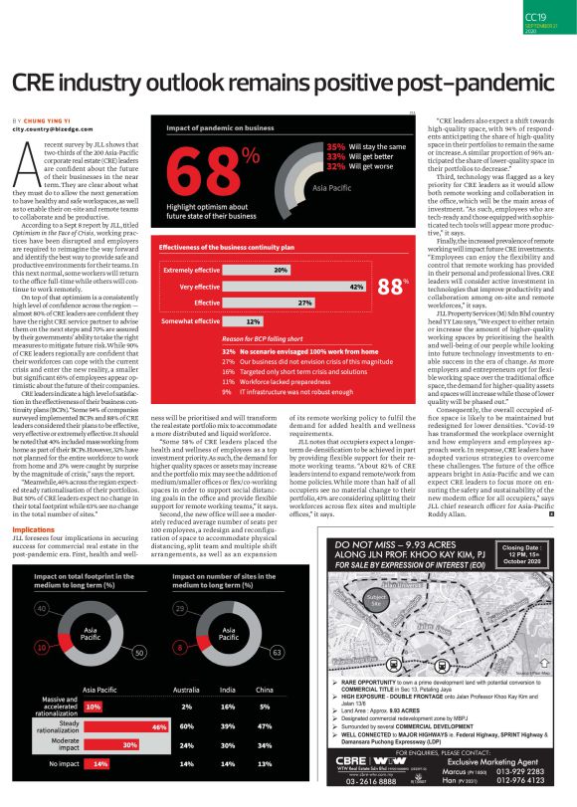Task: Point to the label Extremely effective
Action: (x=192, y=270)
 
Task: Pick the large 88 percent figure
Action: (x=392, y=288)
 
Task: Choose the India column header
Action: (x=227, y=690)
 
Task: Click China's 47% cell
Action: (x=264, y=727)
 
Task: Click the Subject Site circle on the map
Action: (x=375, y=601)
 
